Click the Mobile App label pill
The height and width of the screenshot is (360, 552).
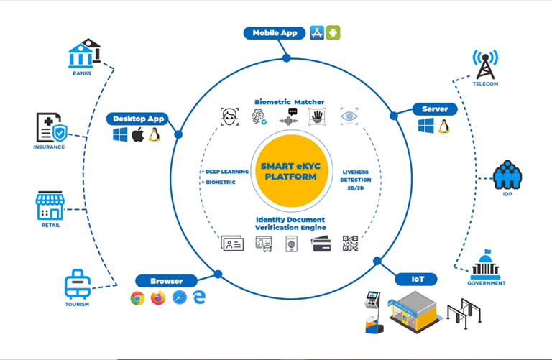click(x=275, y=33)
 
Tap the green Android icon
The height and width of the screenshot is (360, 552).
click(x=333, y=32)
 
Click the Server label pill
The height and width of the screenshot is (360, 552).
click(x=434, y=109)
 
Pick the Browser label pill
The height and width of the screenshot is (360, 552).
click(x=166, y=281)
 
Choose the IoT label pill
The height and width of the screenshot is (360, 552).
click(x=418, y=278)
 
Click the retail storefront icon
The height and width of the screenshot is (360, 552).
click(x=50, y=206)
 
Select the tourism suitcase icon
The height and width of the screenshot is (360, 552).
click(x=76, y=285)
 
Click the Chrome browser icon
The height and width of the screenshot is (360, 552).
click(x=137, y=298)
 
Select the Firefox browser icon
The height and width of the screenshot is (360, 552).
click(x=158, y=298)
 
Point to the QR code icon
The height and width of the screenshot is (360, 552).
click(x=350, y=244)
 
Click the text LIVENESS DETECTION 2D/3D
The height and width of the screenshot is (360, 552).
click(x=355, y=177)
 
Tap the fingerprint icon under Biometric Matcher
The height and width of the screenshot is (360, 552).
click(x=259, y=118)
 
